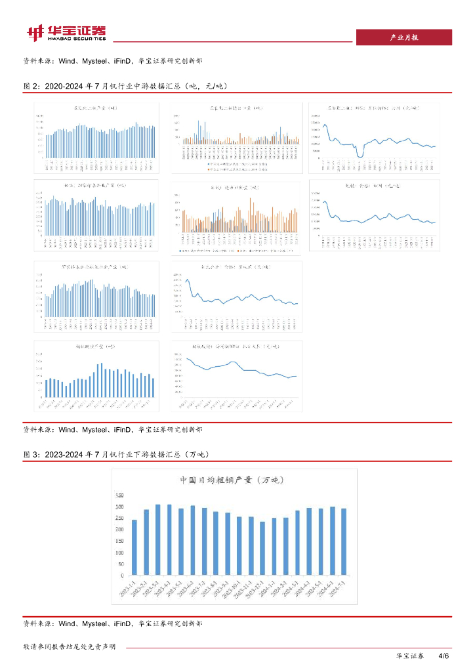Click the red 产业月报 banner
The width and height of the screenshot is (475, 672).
click(403, 37)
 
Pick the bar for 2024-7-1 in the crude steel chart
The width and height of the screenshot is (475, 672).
click(344, 542)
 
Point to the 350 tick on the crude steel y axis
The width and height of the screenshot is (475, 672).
click(119, 495)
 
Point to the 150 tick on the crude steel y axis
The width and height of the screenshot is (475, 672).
click(119, 541)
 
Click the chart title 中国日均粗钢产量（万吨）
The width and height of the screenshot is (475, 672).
click(230, 480)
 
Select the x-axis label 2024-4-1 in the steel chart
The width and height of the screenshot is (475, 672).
click(304, 589)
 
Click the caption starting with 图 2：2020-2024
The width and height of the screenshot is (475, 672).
click(125, 86)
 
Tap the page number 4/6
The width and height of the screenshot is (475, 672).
click(443, 656)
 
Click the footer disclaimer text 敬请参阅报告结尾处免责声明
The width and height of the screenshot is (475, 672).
click(70, 647)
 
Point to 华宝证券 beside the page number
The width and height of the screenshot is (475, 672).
click(410, 656)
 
